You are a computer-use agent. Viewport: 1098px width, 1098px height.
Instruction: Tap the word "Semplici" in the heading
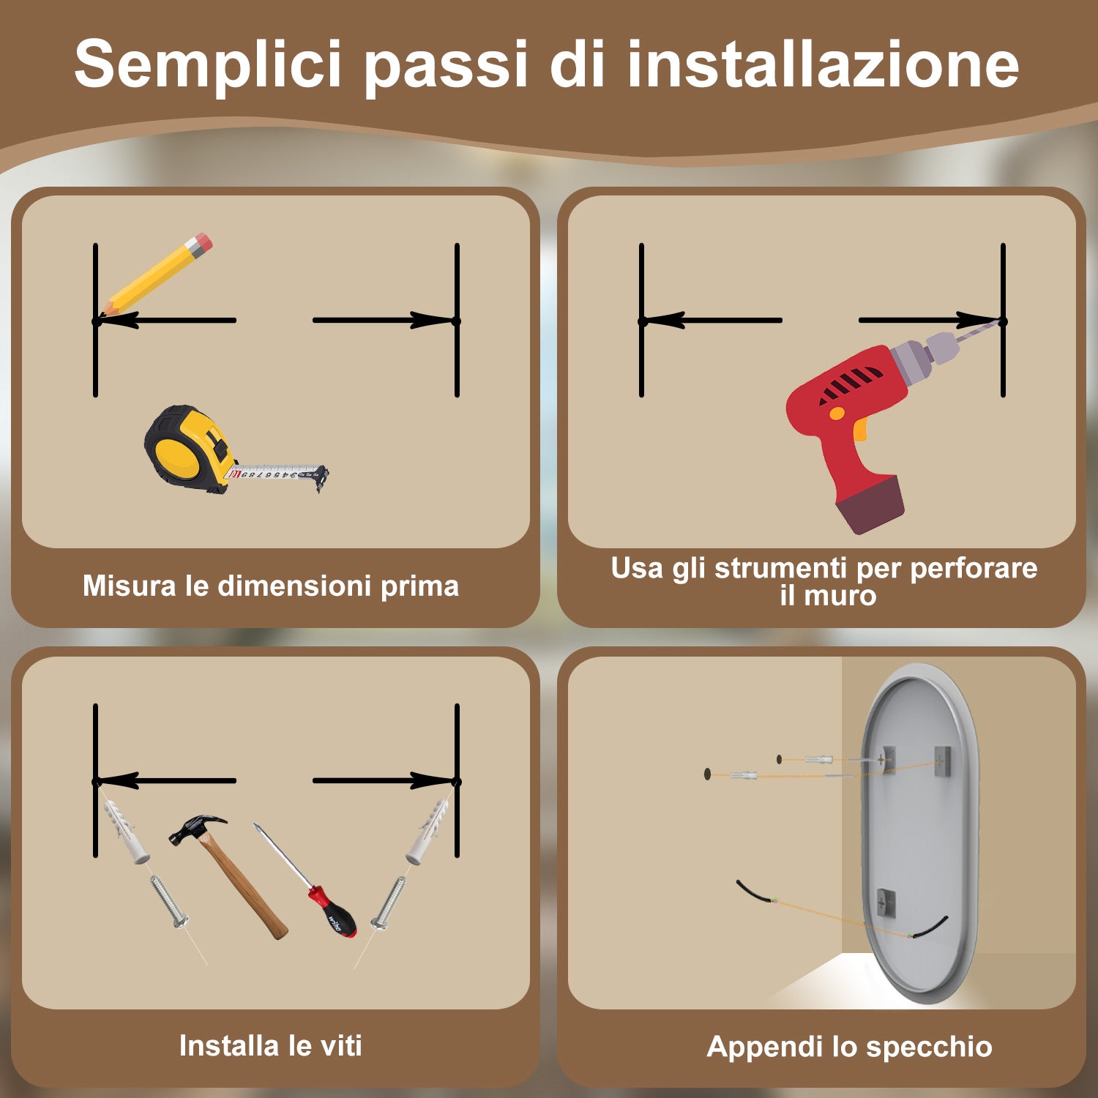[208, 64]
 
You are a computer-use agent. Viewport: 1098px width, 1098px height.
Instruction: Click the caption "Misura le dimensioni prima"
[271, 586]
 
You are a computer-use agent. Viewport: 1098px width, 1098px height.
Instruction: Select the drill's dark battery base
[871, 504]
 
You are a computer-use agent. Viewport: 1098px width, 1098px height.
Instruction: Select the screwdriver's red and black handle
[334, 911]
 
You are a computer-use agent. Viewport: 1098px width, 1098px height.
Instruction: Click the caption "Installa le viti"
[271, 1045]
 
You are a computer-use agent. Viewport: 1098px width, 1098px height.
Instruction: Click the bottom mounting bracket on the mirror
[886, 903]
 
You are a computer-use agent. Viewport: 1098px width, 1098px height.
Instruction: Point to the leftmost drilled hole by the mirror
[707, 773]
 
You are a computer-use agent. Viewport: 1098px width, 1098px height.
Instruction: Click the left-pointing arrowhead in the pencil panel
[117, 321]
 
